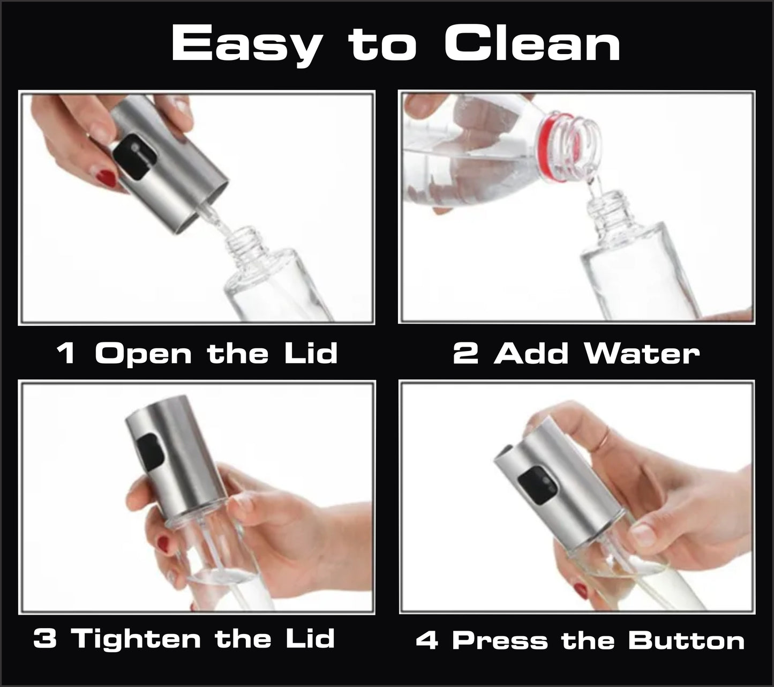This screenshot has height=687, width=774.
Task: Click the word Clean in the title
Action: pyautogui.click(x=532, y=44)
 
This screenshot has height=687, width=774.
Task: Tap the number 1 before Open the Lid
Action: pyautogui.click(x=66, y=354)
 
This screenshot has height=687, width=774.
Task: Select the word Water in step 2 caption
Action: pyautogui.click(x=642, y=354)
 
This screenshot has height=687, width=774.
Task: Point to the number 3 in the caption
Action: pyautogui.click(x=46, y=639)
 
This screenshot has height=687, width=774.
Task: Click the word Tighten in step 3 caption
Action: pyautogui.click(x=137, y=639)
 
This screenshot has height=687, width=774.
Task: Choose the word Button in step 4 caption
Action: pyautogui.click(x=686, y=641)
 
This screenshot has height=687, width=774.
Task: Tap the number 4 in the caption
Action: pyautogui.click(x=427, y=641)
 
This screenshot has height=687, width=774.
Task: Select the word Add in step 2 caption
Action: pyautogui.click(x=531, y=354)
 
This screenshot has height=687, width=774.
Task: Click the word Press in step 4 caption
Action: pyautogui.click(x=500, y=641)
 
